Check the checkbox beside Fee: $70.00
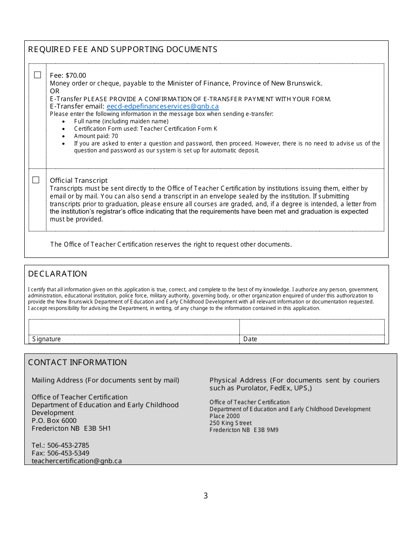[x=37, y=75]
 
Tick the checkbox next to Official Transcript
[x=36, y=180]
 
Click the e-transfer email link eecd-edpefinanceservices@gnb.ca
[x=163, y=106]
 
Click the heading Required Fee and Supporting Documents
[x=123, y=49]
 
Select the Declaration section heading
[x=58, y=274]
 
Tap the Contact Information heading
[x=78, y=363]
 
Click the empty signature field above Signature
[x=134, y=327]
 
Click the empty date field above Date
[x=312, y=327]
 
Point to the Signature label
[x=46, y=339]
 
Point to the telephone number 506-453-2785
[x=68, y=445]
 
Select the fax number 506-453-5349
[x=68, y=453]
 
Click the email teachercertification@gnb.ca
[x=77, y=461]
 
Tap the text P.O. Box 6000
[x=54, y=421]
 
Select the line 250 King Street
[x=230, y=423]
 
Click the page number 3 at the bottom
[x=206, y=496]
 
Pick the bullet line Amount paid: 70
[x=96, y=136]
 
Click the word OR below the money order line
[x=55, y=91]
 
